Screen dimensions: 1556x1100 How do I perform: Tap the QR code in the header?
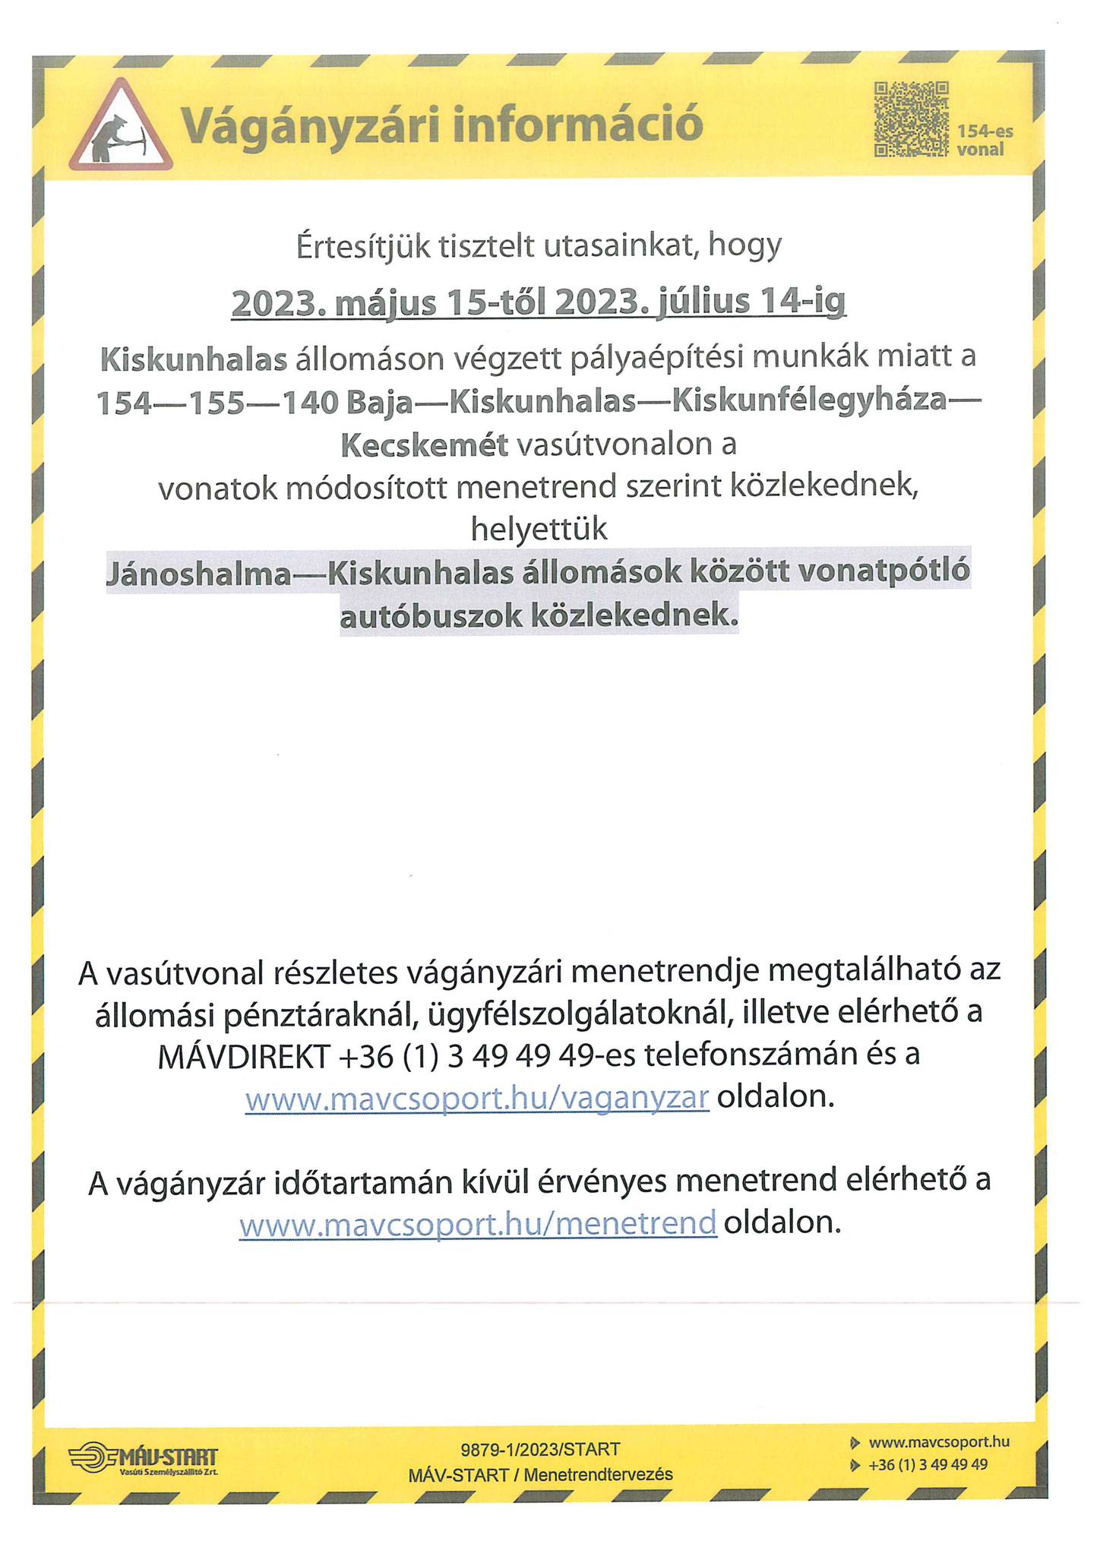911,119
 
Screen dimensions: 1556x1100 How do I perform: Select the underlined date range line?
538,302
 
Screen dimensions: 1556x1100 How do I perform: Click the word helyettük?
539,529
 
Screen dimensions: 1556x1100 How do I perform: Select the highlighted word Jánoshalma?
199,574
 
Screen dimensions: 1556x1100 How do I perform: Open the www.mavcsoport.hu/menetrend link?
477,1224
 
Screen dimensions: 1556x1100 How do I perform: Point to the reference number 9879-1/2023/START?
540,1449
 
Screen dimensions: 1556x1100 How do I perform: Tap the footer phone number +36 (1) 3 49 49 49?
928,1464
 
